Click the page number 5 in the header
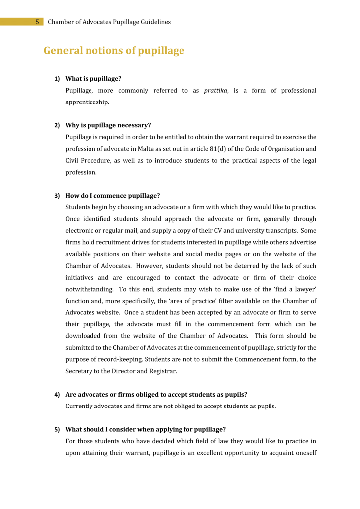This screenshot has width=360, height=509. click(x=37, y=22)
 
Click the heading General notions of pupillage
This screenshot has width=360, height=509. click(x=114, y=51)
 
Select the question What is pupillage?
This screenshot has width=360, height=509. click(x=93, y=79)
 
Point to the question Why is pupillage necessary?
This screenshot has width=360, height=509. click(x=108, y=125)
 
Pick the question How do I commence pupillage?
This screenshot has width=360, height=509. click(x=112, y=196)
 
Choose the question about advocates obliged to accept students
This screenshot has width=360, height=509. click(x=156, y=395)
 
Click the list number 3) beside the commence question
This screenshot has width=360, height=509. click(x=57, y=196)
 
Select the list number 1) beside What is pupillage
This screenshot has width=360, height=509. click(x=57, y=79)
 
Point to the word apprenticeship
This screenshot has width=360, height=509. click(x=87, y=102)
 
